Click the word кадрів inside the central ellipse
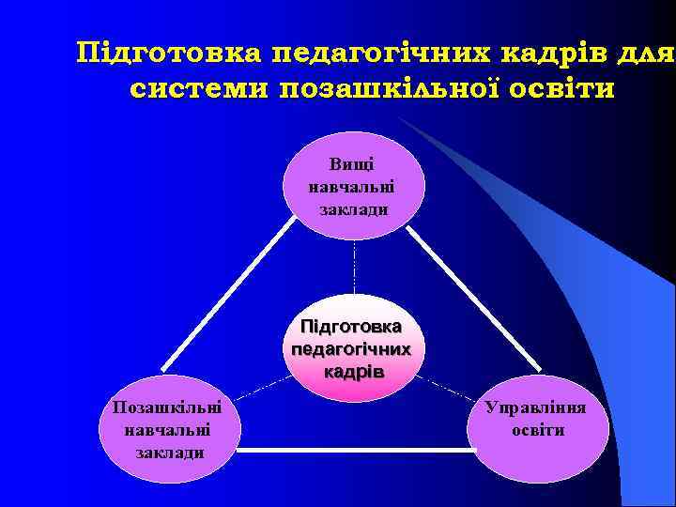(x=353, y=371)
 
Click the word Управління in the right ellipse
(x=538, y=409)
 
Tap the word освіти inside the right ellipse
(x=538, y=430)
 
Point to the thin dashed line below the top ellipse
(x=354, y=272)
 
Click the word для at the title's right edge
(x=648, y=53)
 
